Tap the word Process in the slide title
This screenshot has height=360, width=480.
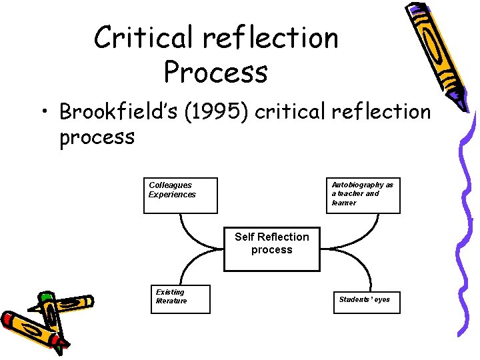click(215, 72)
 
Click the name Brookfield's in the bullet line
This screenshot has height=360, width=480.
click(110, 112)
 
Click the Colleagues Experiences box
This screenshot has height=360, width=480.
click(180, 195)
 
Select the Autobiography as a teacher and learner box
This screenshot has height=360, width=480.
click(363, 195)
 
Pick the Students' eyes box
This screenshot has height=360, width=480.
click(363, 299)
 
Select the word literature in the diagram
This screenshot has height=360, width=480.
click(171, 301)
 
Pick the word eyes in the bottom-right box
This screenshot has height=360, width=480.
click(382, 299)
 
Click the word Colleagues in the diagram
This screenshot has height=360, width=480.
click(170, 185)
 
